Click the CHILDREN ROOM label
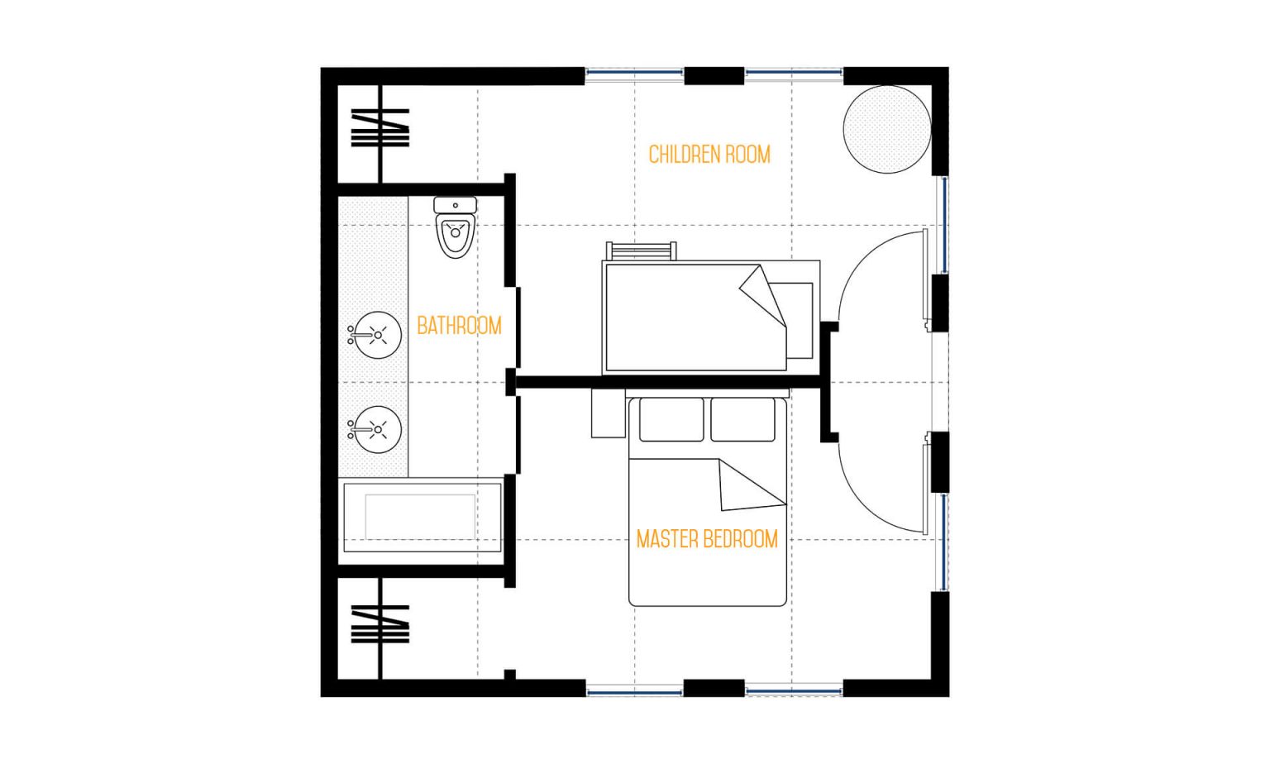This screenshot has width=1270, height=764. [x=709, y=155]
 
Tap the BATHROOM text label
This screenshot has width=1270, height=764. [x=459, y=326]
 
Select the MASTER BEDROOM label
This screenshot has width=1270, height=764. [x=707, y=540]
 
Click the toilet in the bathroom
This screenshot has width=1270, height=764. [x=456, y=236]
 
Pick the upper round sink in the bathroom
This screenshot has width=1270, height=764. [x=377, y=335]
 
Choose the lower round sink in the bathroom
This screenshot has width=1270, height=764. [x=377, y=429]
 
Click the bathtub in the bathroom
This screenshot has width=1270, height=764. [x=421, y=518]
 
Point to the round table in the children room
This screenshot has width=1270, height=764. [x=886, y=129]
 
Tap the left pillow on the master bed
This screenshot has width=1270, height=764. [x=671, y=420]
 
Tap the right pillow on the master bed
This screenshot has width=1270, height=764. [x=742, y=420]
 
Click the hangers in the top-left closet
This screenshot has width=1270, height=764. [x=380, y=128]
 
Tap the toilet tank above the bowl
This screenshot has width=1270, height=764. [x=456, y=205]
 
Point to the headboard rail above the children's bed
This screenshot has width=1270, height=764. [x=642, y=250]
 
